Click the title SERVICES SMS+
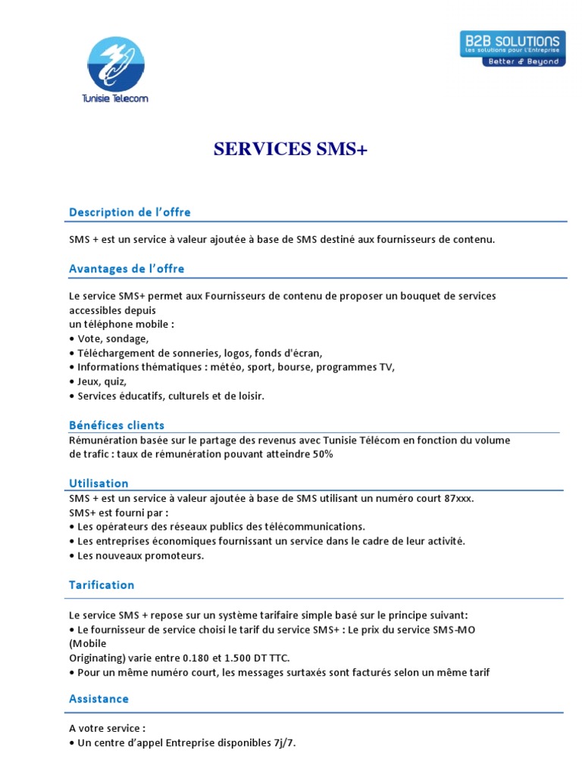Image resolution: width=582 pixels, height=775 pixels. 290,150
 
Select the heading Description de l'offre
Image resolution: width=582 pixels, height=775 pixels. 130,213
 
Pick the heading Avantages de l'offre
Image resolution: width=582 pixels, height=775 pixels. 127,269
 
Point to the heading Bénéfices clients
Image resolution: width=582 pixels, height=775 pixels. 117,425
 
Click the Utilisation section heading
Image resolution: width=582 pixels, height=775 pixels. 99,484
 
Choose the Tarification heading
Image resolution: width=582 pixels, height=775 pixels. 102,585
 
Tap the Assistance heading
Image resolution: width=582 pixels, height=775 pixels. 99,699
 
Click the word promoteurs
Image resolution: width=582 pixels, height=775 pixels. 175,556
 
